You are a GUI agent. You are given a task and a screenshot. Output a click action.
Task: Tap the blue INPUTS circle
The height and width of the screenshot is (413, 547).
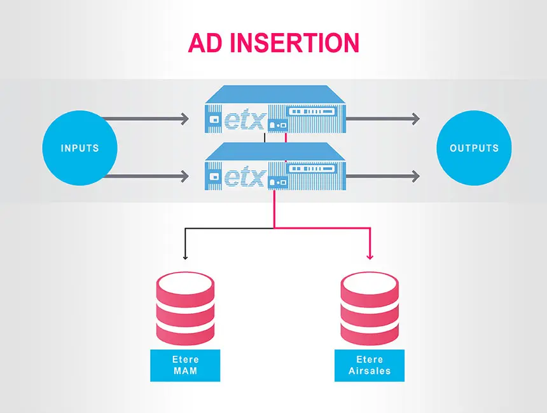click(80, 148)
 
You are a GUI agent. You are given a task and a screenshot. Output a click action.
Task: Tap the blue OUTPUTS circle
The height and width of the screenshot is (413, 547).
click(474, 148)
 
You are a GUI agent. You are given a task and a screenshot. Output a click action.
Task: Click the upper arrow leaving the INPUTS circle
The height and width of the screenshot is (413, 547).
click(146, 118)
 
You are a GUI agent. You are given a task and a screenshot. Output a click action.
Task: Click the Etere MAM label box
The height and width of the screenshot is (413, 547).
click(185, 365)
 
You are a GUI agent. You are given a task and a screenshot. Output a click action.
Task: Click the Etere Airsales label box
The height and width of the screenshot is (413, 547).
click(370, 365)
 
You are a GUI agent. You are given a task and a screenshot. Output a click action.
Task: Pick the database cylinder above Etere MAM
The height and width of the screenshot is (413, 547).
click(186, 308)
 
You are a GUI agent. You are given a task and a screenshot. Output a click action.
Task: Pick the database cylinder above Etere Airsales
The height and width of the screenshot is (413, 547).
click(370, 308)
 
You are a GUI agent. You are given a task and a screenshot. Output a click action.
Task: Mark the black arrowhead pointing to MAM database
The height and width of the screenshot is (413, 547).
click(185, 257)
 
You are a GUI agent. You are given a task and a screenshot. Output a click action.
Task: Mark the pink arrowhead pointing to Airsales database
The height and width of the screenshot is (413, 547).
click(370, 256)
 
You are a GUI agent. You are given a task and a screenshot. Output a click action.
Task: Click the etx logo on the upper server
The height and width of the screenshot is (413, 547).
click(244, 120)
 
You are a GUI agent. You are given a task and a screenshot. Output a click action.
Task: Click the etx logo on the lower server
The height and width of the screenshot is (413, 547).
click(244, 176)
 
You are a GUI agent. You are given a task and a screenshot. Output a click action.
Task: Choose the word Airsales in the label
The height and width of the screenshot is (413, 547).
click(370, 371)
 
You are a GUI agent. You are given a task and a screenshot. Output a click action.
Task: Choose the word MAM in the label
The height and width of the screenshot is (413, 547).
click(185, 371)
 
